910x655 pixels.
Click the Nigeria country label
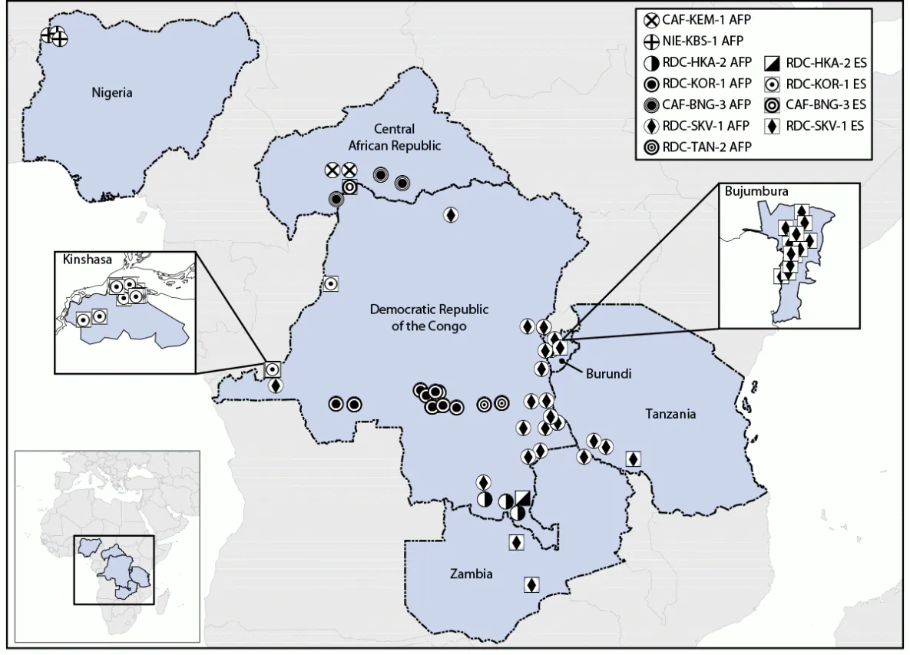(112, 93)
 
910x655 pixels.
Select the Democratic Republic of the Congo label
(429, 317)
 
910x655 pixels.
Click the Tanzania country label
(670, 414)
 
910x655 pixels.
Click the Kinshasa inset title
(84, 260)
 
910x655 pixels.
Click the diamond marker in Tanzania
(633, 458)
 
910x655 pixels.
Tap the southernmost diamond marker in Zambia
(531, 584)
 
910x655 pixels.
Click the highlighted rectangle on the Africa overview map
(114, 568)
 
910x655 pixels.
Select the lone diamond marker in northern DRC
(451, 215)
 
